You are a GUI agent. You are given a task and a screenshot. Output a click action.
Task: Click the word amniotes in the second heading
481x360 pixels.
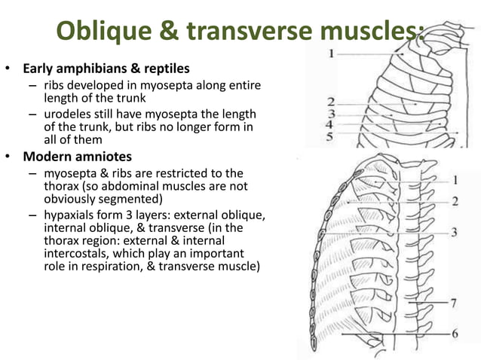(106, 157)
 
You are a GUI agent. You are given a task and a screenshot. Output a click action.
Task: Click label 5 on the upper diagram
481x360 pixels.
(329, 136)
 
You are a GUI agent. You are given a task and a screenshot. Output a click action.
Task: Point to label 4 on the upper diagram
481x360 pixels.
(329, 124)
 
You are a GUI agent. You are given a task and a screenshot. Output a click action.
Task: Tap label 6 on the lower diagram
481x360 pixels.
(455, 333)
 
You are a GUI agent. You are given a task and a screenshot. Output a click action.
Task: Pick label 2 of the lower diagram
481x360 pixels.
(455, 202)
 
